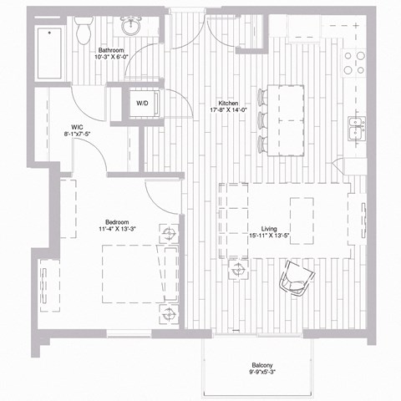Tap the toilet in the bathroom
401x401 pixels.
tap(84, 32)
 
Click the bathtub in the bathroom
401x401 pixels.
tap(53, 53)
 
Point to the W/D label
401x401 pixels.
tap(142, 104)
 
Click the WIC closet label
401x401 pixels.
tap(76, 127)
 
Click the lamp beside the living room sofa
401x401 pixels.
tap(240, 268)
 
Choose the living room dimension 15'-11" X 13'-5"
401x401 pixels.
tap(269, 236)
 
